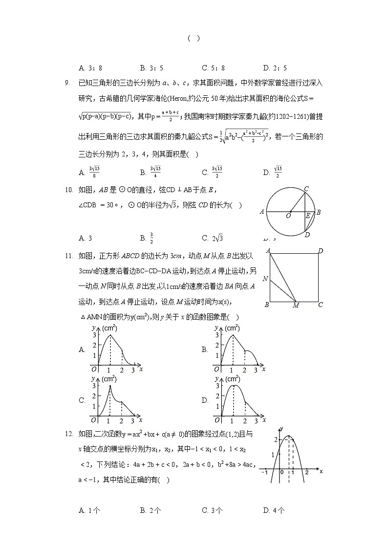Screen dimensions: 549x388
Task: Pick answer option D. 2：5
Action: (x=275, y=68)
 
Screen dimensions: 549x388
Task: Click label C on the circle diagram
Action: (x=306, y=189)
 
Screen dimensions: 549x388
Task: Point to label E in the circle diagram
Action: (x=308, y=216)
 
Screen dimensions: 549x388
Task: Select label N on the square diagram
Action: (x=265, y=279)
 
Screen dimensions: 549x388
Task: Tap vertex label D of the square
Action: (x=321, y=251)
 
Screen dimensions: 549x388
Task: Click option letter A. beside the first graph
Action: (x=82, y=350)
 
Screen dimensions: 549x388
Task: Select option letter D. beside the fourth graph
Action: (x=205, y=400)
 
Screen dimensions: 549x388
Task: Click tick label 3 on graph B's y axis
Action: (x=216, y=335)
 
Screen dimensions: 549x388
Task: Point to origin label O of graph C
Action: (x=93, y=420)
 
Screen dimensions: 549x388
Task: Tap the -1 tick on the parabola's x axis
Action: (x=264, y=473)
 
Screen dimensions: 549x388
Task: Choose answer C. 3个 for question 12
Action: (x=212, y=510)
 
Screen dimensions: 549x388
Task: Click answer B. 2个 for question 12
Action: (x=151, y=510)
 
